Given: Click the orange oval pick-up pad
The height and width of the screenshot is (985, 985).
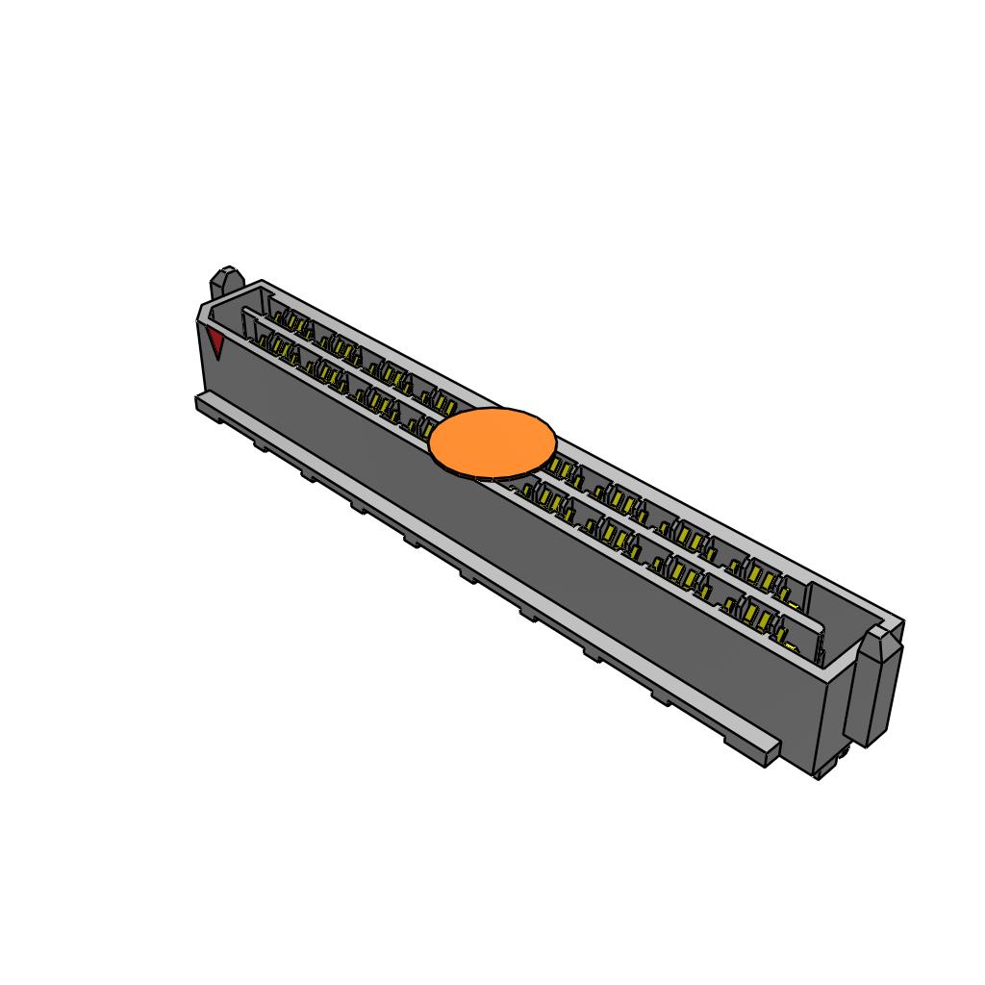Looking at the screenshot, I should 492,442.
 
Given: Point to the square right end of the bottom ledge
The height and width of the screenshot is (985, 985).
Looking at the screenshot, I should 770,751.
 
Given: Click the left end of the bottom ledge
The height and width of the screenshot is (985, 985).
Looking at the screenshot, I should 202,402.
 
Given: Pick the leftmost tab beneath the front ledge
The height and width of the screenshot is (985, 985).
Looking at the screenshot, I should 261,444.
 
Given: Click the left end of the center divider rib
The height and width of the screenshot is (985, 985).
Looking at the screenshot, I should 248,314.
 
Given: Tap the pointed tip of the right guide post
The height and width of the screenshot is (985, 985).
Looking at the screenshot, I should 878,634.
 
